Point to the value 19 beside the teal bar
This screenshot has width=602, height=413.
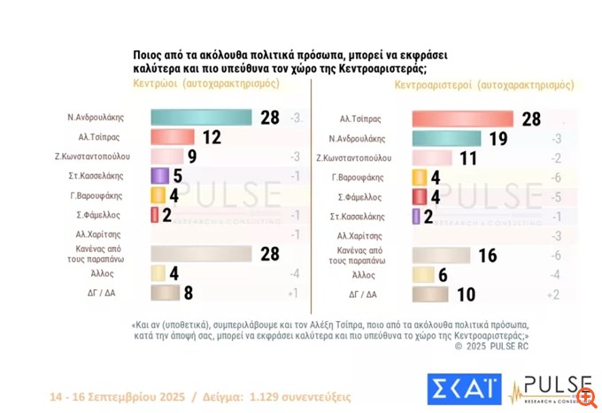coord(498,138)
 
